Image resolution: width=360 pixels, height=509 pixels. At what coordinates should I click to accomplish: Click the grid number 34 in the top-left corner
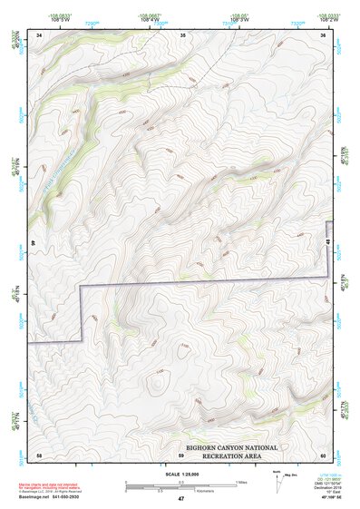tap(39, 34)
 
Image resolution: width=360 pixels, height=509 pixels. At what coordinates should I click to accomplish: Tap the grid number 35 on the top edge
tap(182, 34)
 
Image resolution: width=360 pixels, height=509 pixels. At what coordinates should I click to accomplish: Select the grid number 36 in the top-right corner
tap(323, 34)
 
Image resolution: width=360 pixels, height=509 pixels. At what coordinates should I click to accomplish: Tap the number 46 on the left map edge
tap(33, 242)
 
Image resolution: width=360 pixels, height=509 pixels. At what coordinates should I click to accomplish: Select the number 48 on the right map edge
tap(328, 242)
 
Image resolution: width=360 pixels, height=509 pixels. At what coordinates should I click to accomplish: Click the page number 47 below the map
tap(180, 498)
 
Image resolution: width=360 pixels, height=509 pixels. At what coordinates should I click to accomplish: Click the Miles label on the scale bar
tap(242, 481)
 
